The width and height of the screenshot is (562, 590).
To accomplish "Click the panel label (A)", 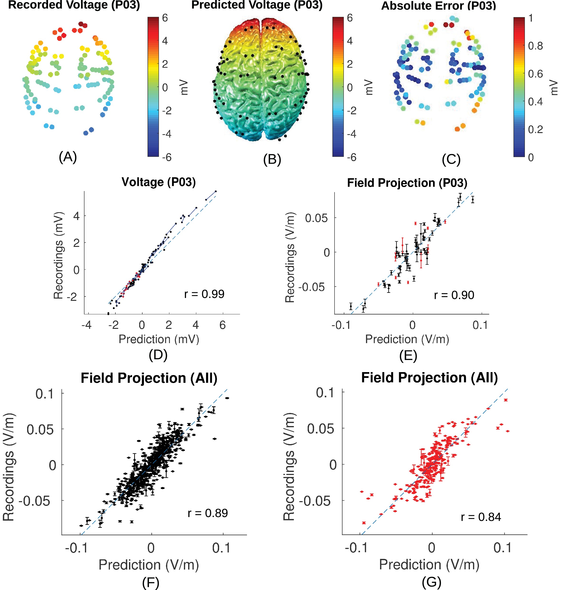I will click(68, 157).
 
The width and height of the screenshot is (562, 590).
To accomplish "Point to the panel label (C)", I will click(451, 159).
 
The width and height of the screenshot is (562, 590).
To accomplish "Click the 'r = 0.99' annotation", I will click(204, 294).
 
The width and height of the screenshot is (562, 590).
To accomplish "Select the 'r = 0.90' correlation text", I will click(454, 295).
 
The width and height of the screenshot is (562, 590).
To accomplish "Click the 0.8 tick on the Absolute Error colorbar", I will click(535, 46).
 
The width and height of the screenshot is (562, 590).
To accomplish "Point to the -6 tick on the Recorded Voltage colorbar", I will click(167, 157).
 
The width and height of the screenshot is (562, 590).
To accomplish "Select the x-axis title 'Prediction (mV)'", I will click(159, 339).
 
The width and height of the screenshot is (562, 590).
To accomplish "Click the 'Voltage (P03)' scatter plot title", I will click(158, 182).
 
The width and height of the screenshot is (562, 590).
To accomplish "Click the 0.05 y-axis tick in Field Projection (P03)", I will click(317, 218).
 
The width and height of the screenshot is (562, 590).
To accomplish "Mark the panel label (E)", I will click(408, 355).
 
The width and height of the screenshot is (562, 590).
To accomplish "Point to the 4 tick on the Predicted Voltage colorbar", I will click(350, 41).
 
